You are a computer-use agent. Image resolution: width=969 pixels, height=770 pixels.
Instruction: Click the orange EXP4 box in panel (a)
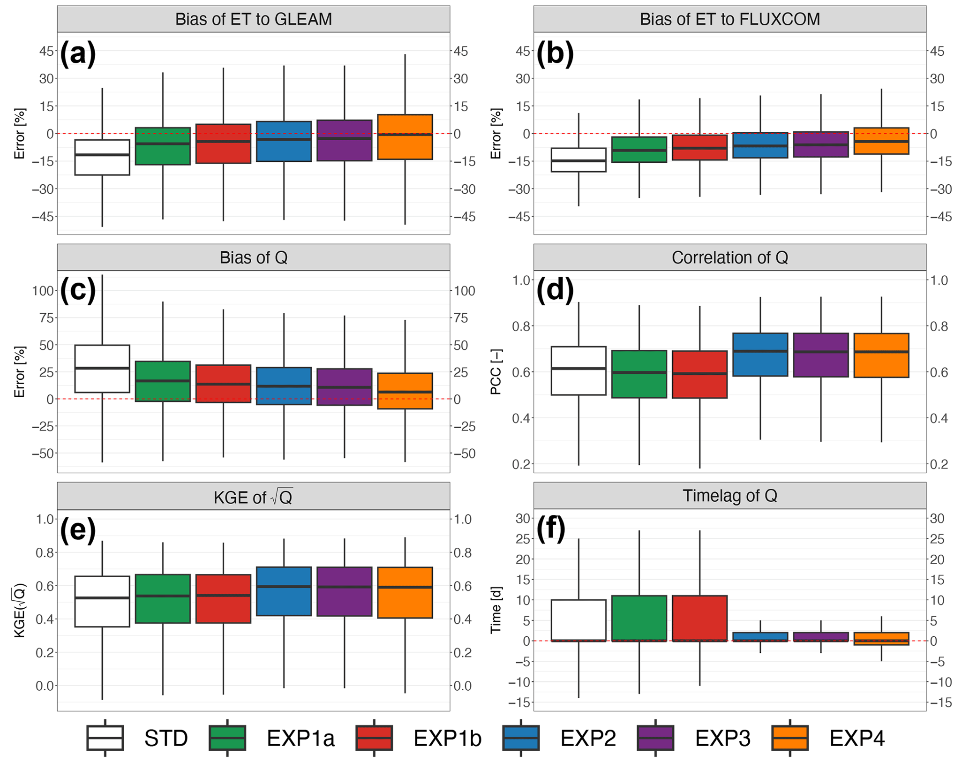(405, 137)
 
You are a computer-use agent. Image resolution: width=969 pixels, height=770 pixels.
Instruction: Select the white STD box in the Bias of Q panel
(102, 369)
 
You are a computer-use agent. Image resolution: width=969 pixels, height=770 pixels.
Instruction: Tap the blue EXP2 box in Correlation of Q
(760, 355)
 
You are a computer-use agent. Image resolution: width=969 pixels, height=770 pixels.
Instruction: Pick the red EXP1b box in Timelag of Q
(699, 618)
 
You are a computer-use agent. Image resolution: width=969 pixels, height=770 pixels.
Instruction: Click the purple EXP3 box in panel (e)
(345, 591)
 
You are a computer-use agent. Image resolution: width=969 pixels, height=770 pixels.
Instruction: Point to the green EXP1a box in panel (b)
(639, 149)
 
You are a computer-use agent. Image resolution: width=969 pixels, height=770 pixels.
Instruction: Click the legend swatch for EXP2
(520, 738)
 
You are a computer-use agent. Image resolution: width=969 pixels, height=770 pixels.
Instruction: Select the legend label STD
(166, 738)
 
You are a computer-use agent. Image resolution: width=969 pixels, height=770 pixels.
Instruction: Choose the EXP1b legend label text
(447, 738)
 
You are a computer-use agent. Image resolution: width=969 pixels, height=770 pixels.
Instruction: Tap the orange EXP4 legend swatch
(790, 738)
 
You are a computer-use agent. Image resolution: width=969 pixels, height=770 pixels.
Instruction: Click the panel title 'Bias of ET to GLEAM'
(253, 19)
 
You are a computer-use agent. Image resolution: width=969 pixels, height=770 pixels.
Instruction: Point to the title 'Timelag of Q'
(729, 496)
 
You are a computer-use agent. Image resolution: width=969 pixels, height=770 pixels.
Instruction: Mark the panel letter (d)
(555, 289)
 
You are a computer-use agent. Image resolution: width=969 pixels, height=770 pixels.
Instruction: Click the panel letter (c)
(78, 289)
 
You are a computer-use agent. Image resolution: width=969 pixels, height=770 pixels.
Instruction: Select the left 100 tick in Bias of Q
(43, 291)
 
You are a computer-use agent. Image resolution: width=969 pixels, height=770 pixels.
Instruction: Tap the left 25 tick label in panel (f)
(523, 539)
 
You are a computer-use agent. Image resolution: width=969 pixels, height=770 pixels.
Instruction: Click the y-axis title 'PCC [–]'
(496, 371)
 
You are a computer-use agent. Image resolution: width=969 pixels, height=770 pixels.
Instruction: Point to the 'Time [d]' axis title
(496, 610)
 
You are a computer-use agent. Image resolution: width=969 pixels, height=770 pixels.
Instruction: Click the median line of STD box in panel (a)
(102, 155)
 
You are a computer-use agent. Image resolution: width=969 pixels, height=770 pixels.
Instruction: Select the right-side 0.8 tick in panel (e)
(462, 552)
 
